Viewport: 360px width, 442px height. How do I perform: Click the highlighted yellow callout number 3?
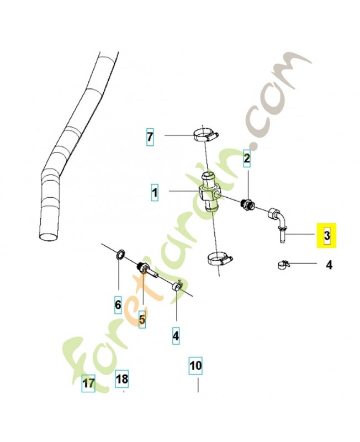point(326,235)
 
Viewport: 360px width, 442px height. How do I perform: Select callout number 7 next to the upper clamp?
point(150,137)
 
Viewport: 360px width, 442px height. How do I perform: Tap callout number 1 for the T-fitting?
point(155,193)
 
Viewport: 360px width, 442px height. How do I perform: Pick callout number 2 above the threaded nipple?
point(247,159)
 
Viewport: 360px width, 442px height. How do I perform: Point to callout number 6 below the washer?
point(118,305)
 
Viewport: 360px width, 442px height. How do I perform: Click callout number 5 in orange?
point(142,320)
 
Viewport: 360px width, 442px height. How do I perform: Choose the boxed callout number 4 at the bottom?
point(176,336)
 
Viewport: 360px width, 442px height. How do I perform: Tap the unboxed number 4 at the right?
point(329,265)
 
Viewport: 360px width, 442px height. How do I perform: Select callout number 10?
point(195,366)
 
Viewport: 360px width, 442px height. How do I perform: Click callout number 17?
point(88,383)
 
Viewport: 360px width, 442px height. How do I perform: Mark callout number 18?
point(121,379)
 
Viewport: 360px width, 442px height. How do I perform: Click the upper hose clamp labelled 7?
point(205,134)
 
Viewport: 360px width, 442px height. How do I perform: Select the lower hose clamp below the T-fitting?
point(219,259)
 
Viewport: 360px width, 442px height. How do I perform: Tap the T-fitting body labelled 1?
point(210,192)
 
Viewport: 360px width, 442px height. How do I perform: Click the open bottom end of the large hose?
point(49,236)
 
